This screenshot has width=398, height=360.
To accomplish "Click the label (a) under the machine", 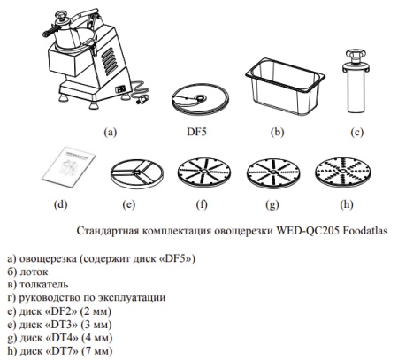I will [x=110, y=131].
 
